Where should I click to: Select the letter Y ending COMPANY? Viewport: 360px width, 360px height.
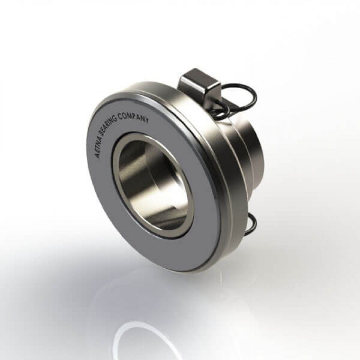point(147,120)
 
